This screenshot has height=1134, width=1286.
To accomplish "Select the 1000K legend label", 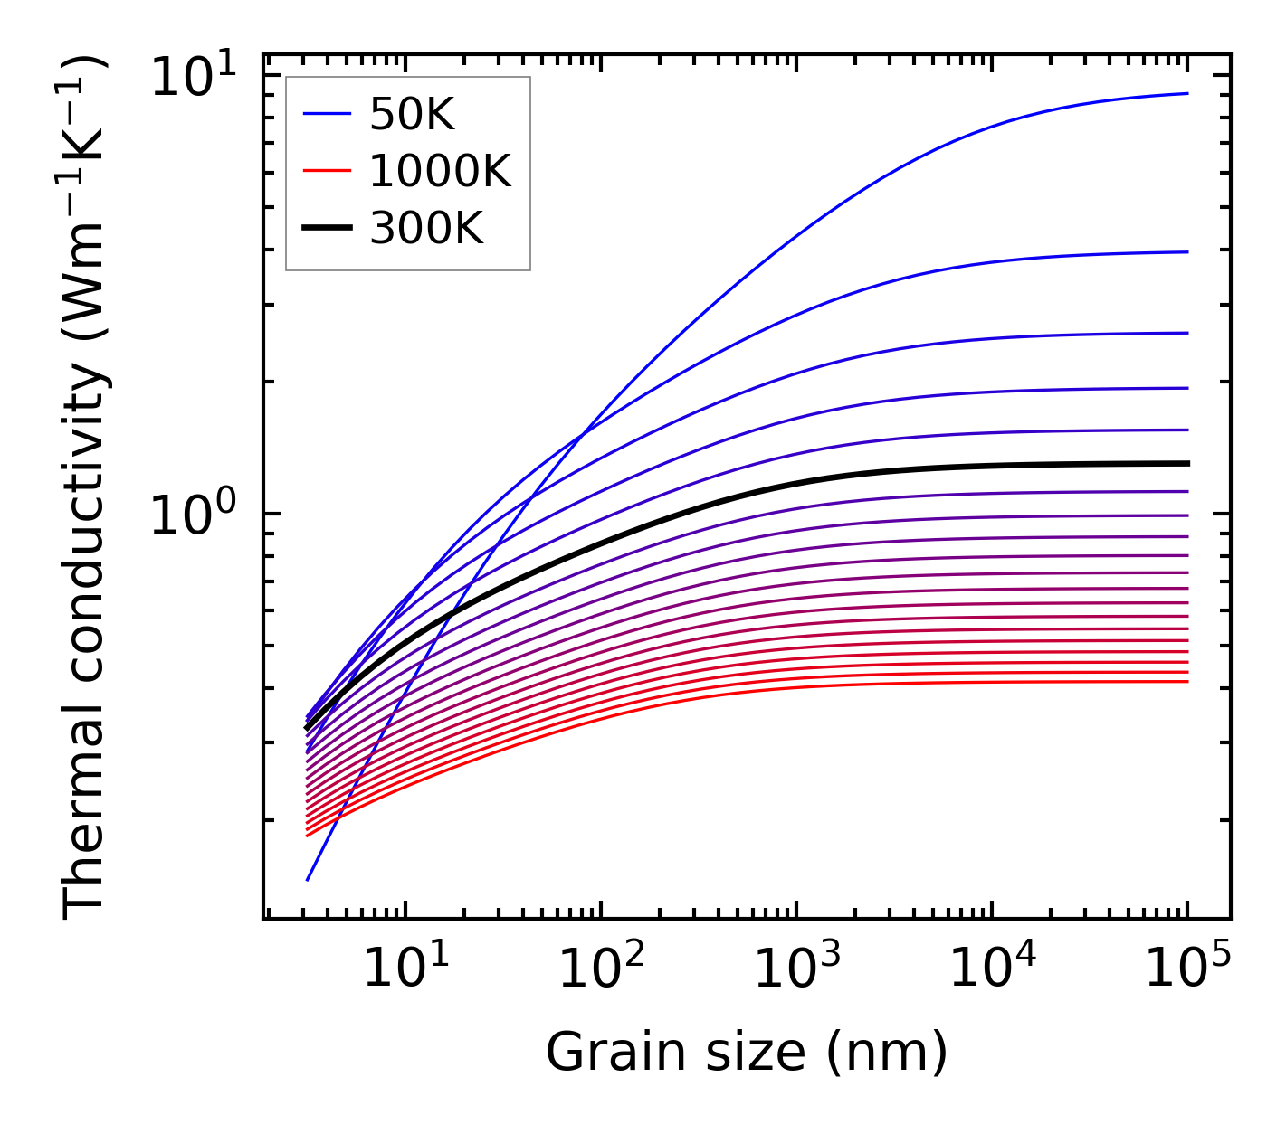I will coord(440,171).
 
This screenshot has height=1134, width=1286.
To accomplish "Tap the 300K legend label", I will coord(426,229).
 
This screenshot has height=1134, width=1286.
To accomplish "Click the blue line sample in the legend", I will coord(327,114).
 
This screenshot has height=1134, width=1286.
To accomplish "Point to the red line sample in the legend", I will coord(327,171).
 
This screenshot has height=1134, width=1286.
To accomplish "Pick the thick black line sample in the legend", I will coord(327,229).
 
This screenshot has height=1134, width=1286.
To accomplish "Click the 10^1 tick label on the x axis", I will coord(405,969).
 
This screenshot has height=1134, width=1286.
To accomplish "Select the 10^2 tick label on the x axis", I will coord(600,969).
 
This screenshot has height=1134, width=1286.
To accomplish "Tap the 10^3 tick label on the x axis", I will coord(795,969).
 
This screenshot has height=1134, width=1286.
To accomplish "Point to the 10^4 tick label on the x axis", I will coord(992,969).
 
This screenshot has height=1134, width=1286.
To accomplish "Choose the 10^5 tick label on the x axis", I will coord(1187,969).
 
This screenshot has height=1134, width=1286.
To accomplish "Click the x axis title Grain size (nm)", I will coord(747,1053).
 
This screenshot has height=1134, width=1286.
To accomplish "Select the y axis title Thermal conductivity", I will coord(85,488).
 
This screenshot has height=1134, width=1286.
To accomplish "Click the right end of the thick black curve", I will coord(1187,463).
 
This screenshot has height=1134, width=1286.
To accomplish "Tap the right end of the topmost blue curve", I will coord(1187,93).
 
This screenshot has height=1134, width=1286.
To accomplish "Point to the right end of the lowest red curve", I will coord(1187,681).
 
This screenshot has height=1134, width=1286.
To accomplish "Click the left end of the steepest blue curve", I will coord(308,879).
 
